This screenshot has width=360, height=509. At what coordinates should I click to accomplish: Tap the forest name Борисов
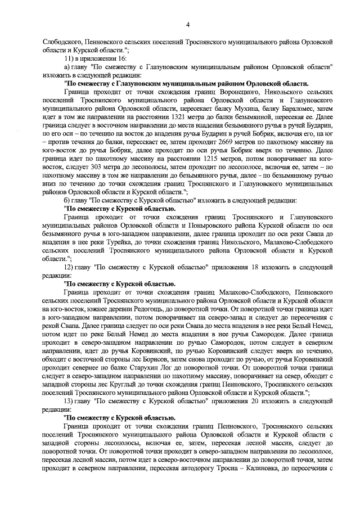(x=133, y=358)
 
